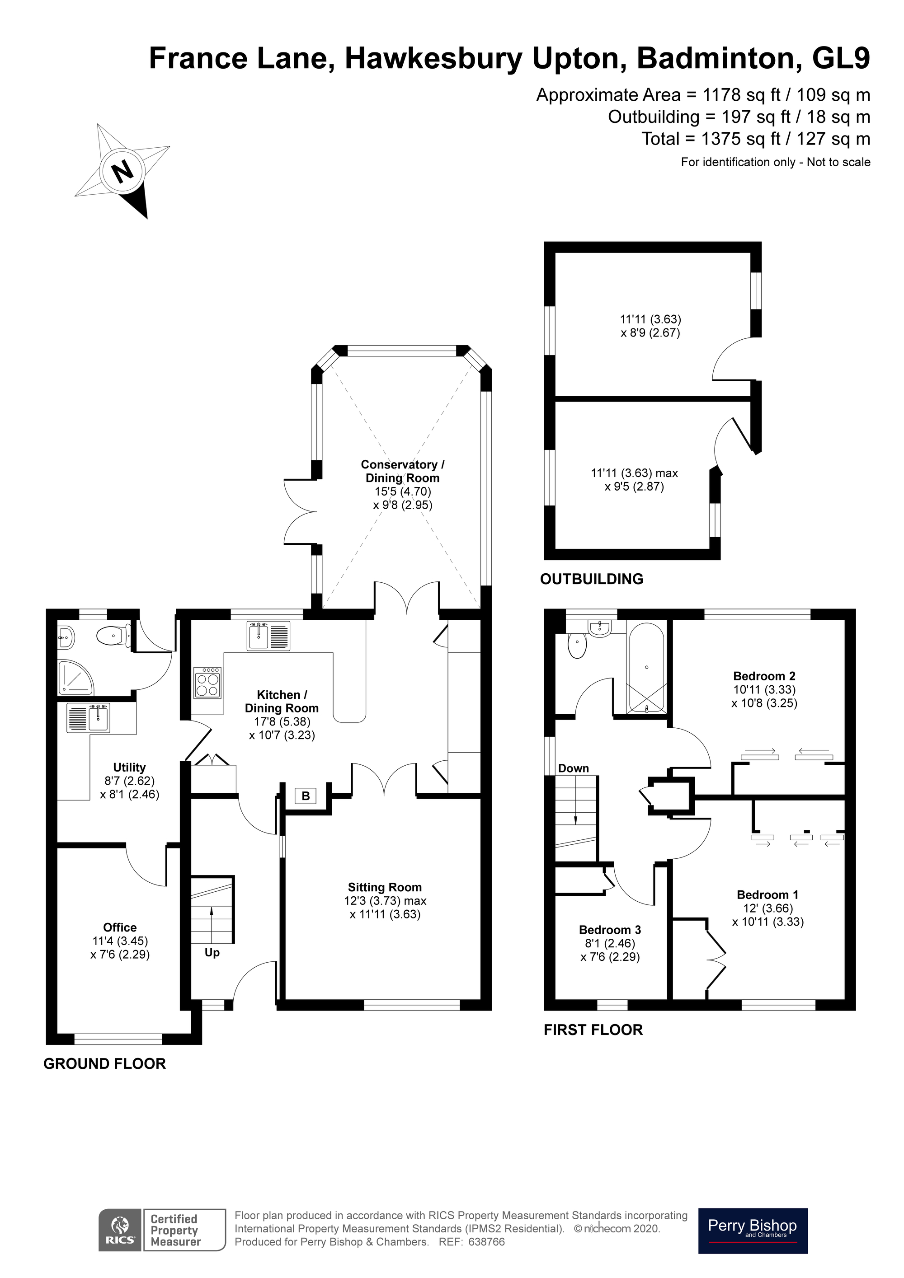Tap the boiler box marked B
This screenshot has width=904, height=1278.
(305, 796)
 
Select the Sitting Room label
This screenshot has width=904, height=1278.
(384, 887)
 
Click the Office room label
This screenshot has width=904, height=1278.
(120, 927)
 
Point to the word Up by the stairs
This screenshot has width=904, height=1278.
(212, 952)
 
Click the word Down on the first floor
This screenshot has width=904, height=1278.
(573, 768)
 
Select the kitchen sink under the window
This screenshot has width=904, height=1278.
(268, 636)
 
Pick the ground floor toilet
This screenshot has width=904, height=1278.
(113, 635)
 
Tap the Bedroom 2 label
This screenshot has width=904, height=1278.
(764, 676)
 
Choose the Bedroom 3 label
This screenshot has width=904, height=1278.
(610, 930)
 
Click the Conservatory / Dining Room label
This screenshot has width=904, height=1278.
(402, 471)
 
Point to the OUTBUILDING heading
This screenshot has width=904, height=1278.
(592, 579)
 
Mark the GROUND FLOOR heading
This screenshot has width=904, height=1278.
(105, 1064)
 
